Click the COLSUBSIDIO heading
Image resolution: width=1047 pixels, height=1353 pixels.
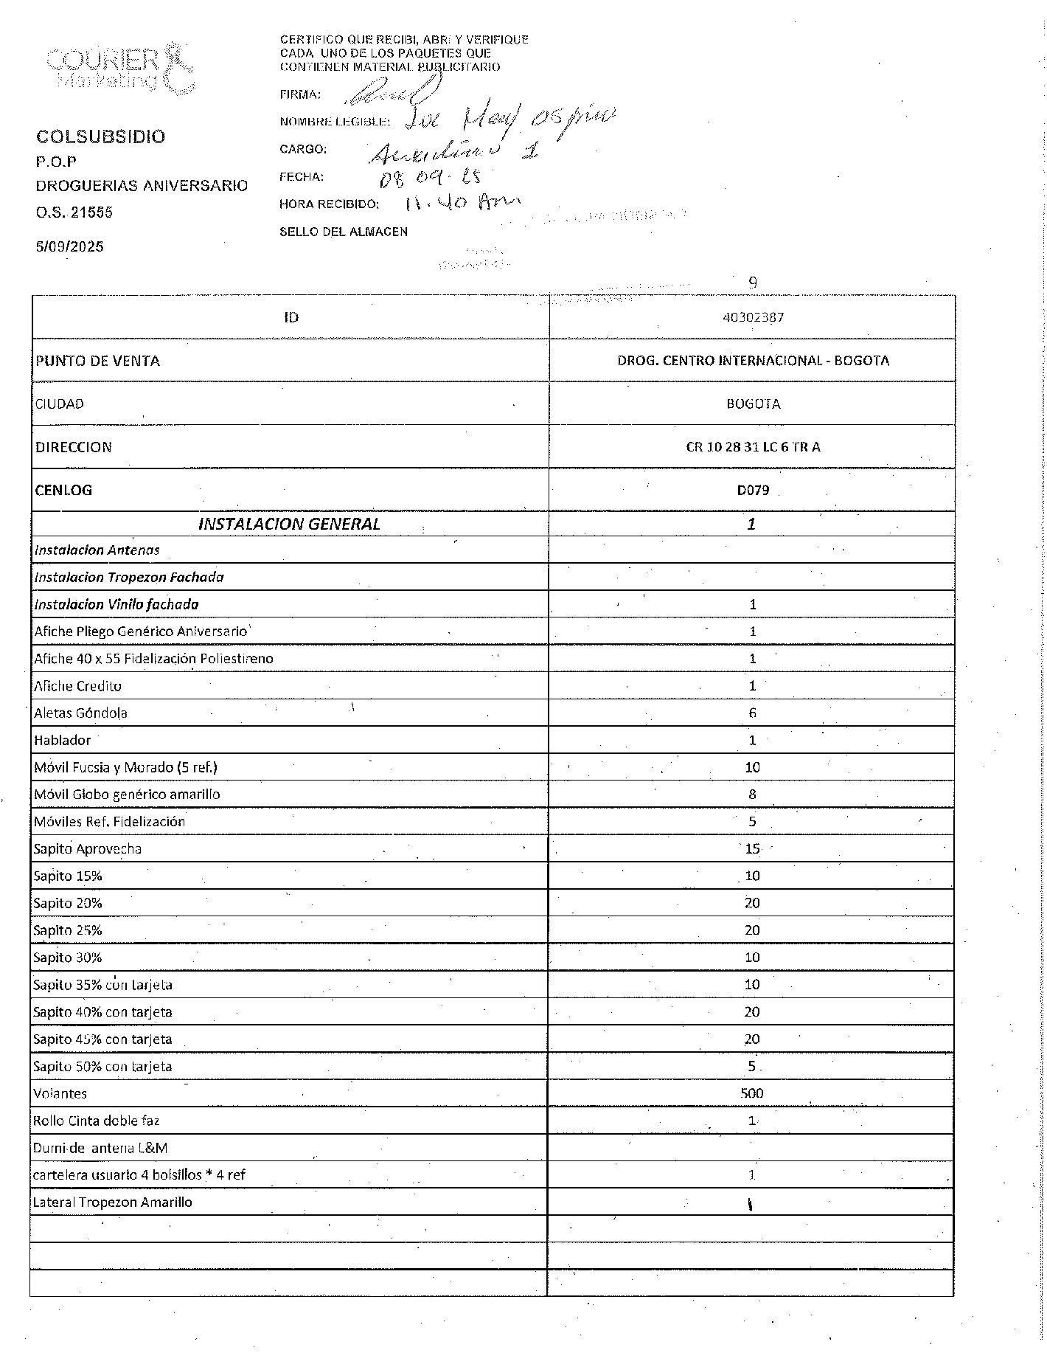tap(101, 136)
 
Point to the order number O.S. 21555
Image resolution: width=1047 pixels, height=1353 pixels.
tap(74, 212)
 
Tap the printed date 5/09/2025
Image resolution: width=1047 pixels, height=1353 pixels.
tap(70, 246)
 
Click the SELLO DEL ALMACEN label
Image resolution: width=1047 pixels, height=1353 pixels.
tap(343, 232)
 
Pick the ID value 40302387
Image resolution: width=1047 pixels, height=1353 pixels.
tap(752, 317)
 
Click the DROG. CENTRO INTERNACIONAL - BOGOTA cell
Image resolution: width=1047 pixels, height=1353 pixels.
tap(752, 361)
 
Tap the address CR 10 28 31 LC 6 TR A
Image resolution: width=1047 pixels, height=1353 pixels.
tap(752, 447)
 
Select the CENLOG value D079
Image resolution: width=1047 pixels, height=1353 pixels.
tap(753, 490)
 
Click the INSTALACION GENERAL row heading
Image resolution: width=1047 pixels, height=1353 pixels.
tap(289, 524)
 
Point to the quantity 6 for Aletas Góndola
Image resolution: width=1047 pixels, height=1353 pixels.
tap(752, 713)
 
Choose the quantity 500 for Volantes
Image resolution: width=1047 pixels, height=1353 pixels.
tap(752, 1093)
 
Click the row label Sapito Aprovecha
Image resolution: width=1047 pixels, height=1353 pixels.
tap(87, 848)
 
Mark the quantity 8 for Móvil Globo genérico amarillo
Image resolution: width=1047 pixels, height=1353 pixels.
tap(752, 795)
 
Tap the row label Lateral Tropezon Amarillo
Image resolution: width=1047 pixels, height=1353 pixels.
tap(112, 1202)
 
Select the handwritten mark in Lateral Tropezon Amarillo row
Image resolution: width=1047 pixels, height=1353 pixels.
tap(750, 1205)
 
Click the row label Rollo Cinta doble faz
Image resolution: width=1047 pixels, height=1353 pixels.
tap(96, 1121)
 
